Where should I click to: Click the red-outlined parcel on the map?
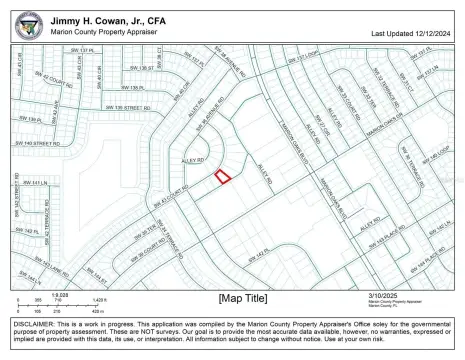coord(223,176)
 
